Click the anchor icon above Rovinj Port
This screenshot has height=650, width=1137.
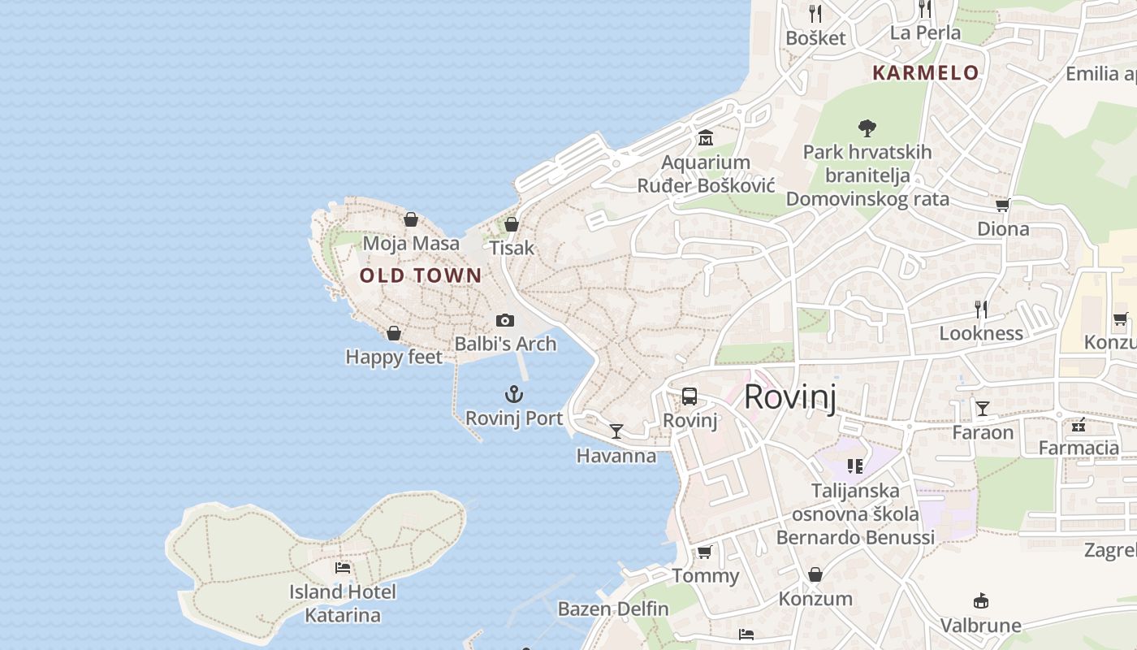pyautogui.click(x=513, y=395)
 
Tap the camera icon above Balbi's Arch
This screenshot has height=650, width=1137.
pyautogui.click(x=505, y=320)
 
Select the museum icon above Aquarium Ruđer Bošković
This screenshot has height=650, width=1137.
pyautogui.click(x=705, y=138)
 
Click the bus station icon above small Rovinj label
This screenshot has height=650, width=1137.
pyautogui.click(x=690, y=396)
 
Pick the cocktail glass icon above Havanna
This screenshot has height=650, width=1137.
pyautogui.click(x=616, y=431)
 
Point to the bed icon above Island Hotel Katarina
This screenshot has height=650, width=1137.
pyautogui.click(x=343, y=568)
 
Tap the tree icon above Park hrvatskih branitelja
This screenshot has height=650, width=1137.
pyautogui.click(x=867, y=128)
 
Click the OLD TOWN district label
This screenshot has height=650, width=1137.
pyautogui.click(x=421, y=275)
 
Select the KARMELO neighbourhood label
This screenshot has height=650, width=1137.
pyautogui.click(x=925, y=72)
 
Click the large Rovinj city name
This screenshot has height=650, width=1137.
pyautogui.click(x=789, y=397)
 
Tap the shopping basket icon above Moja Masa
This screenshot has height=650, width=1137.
pyautogui.click(x=411, y=219)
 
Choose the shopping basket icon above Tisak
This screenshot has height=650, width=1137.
pyautogui.click(x=512, y=224)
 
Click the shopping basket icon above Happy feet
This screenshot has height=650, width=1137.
pyautogui.click(x=394, y=333)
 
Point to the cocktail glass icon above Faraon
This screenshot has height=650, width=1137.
pyautogui.click(x=983, y=408)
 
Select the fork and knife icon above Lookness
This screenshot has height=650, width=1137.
pyautogui.click(x=981, y=309)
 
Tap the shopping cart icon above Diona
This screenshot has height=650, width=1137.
pyautogui.click(x=1003, y=205)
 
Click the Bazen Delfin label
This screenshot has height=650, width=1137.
pyautogui.click(x=613, y=609)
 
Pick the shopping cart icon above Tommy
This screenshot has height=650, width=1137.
pyautogui.click(x=704, y=552)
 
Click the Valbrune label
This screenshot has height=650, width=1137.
pyautogui.click(x=980, y=626)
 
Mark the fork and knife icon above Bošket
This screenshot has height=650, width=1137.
pyautogui.click(x=815, y=13)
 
